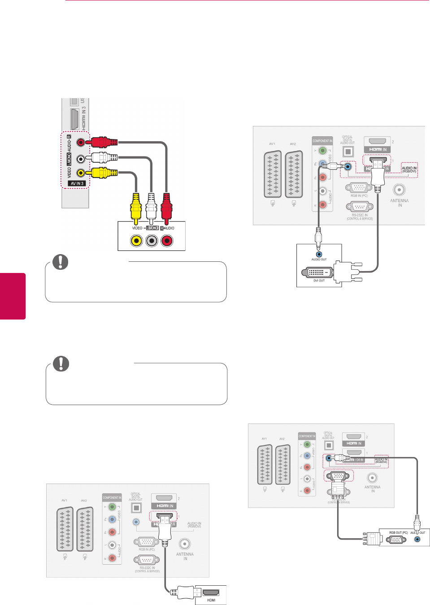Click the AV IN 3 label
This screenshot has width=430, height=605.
tap(77, 183)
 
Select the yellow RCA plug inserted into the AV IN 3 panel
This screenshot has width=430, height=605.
tap(102, 173)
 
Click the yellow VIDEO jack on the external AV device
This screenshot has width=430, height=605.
tap(136, 241)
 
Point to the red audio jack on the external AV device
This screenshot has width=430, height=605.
tap(167, 241)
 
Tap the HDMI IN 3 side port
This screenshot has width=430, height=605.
tap(75, 119)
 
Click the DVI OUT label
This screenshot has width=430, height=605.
tap(319, 281)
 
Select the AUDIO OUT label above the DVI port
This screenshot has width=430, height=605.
tap(319, 259)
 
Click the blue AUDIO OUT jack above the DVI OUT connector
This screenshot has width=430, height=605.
tap(319, 254)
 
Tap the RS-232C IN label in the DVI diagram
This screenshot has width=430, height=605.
tap(359, 216)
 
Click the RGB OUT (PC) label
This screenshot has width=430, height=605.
tap(398, 533)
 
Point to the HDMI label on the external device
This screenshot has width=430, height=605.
tap(211, 600)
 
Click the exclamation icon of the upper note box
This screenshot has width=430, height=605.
tap(61, 262)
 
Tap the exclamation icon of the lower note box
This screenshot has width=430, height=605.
tap(61, 363)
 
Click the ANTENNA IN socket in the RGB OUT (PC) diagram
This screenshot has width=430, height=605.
tap(372, 478)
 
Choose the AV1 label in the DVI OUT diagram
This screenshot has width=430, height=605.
tap(272, 144)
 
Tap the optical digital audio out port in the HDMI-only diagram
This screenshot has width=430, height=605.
tap(136, 508)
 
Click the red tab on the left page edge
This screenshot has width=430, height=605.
tap(13, 296)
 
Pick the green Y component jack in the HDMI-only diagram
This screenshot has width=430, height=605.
tap(112, 507)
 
